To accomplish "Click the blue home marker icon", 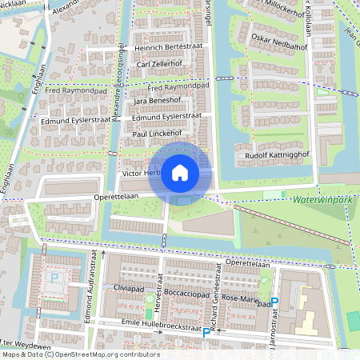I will tap(180, 172).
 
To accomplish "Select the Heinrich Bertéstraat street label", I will tap(166, 48).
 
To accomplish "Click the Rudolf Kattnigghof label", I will tap(276, 155).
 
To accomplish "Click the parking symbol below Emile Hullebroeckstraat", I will tap(206, 332).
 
